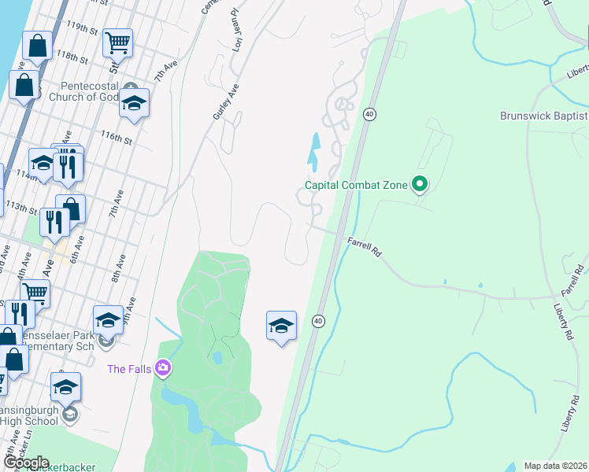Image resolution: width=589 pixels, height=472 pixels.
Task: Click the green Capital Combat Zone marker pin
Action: pos(420,185)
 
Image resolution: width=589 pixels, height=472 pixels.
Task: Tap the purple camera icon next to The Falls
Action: pos(163,367)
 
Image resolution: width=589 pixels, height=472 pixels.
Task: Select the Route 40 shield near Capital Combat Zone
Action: pos(369,115)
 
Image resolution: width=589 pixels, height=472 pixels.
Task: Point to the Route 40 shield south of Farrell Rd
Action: pos(318,321)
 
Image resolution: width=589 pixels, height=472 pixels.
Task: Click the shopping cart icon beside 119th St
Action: pos(117,43)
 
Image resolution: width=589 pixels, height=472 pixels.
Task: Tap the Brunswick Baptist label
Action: pos(543,116)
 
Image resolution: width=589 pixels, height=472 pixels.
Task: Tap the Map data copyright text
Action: pos(555,466)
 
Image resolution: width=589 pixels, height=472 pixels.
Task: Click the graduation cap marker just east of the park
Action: pos(281,326)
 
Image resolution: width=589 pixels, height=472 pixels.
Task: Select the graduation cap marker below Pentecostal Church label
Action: pos(135,105)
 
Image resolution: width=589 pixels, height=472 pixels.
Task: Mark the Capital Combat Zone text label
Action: pos(357,186)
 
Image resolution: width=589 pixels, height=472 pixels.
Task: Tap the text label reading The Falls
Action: pos(129,368)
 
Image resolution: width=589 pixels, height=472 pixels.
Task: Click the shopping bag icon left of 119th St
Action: pos(38,46)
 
